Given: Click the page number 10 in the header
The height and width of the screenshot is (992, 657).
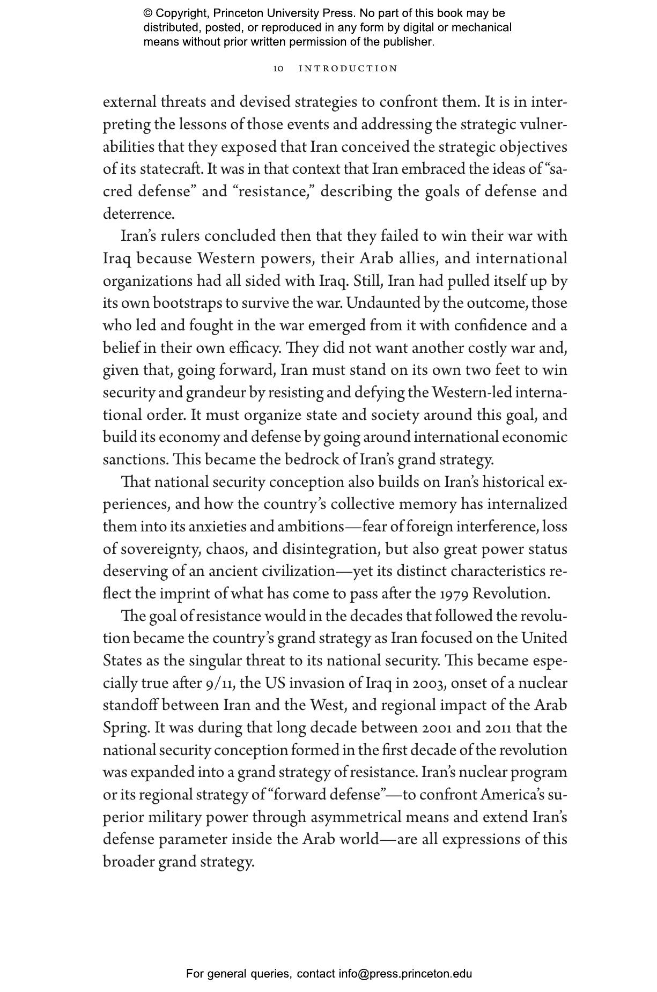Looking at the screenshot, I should coord(278,69).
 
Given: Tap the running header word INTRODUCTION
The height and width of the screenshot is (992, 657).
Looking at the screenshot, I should coord(348,69).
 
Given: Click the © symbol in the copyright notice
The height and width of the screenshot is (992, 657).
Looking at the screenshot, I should coord(148,13).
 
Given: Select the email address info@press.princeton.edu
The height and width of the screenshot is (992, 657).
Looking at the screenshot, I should coord(405,974).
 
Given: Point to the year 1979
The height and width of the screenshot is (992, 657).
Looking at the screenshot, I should coord(454,594).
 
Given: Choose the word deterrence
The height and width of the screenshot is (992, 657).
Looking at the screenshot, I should coord(138,214).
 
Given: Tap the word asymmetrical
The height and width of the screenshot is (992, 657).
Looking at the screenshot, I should coord(356,818).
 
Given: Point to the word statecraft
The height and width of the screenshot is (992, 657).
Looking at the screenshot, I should coord(171,169).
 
